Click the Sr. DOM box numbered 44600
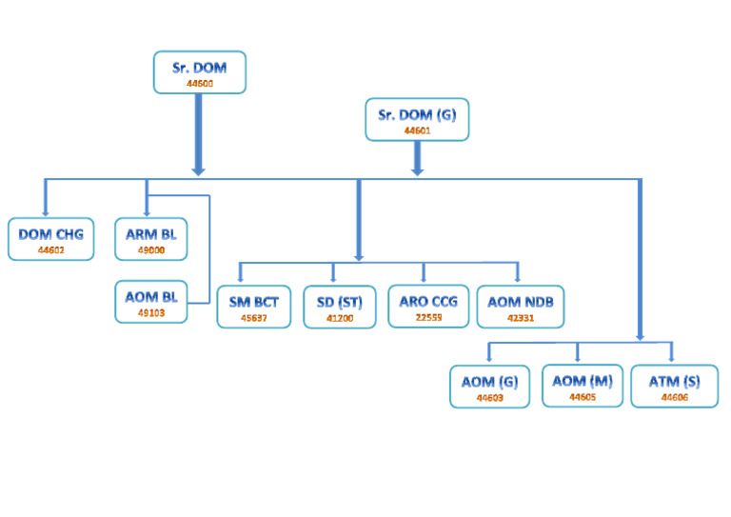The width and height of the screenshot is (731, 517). pyautogui.click(x=199, y=72)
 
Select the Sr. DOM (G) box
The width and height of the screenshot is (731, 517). pyautogui.click(x=417, y=120)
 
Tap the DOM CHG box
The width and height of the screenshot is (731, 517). pyautogui.click(x=50, y=238)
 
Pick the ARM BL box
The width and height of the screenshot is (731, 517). pyautogui.click(x=150, y=238)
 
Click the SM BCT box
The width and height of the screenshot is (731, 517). pyautogui.click(x=254, y=307)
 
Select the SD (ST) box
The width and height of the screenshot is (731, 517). pyautogui.click(x=340, y=307)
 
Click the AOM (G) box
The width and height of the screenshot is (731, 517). pyautogui.click(x=489, y=386)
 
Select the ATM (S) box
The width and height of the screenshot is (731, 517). pyautogui.click(x=674, y=386)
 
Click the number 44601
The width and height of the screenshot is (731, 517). pyautogui.click(x=417, y=129)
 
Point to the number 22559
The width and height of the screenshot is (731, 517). pyautogui.click(x=428, y=317)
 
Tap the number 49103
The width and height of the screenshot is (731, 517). pyautogui.click(x=150, y=311)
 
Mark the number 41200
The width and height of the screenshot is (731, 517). pyautogui.click(x=340, y=317)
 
